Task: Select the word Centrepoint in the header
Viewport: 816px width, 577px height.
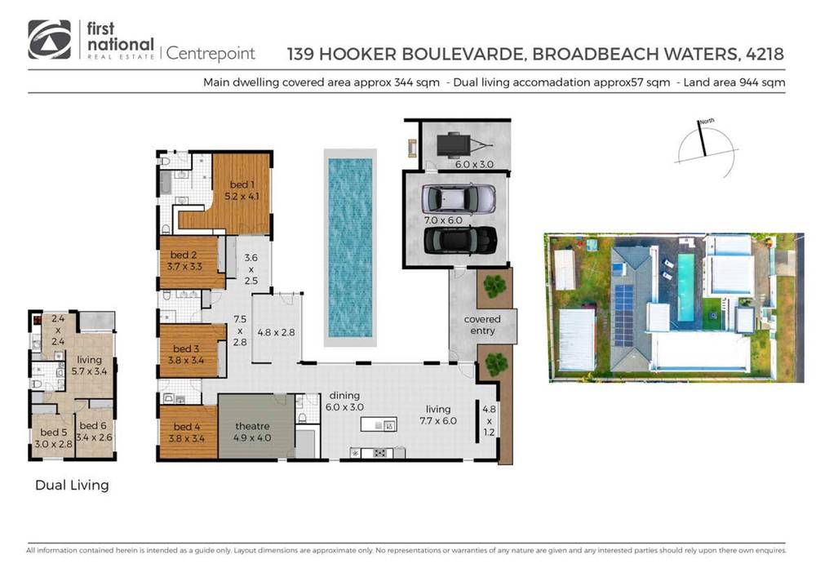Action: (211, 54)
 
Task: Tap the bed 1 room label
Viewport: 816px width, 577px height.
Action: (240, 190)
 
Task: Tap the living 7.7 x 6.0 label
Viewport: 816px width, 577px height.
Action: (437, 415)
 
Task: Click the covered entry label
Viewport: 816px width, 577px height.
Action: (482, 324)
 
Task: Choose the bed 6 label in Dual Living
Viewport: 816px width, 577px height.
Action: (95, 430)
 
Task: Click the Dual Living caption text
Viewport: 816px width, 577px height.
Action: (72, 485)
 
